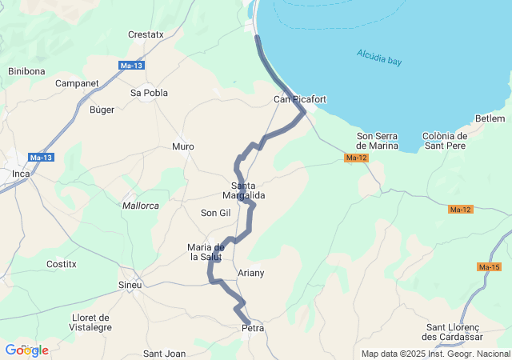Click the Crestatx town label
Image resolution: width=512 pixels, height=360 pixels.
[x=146, y=34]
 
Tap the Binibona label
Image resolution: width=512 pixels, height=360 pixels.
[x=26, y=71]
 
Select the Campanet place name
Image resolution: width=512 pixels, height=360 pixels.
[x=78, y=82]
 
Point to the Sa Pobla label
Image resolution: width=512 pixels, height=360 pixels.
[x=149, y=93]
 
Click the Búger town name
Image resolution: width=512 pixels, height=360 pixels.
[x=102, y=110]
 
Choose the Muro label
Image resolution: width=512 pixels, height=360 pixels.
[x=183, y=146]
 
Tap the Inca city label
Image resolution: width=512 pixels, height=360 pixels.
[x=20, y=173]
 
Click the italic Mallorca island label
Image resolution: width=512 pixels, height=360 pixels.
[x=141, y=206]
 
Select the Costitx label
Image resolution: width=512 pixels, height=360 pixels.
[x=62, y=263]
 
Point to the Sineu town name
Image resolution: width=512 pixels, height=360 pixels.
[x=130, y=285]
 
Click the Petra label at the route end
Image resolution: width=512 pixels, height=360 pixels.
[x=252, y=328]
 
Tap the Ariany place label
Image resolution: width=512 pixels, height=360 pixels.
[x=251, y=274]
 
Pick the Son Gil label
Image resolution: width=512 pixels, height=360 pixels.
[x=215, y=213]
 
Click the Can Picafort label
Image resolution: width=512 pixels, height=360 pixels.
[x=300, y=99]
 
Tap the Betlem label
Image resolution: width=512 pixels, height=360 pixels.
[x=490, y=118]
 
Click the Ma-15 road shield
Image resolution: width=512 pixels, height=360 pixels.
[x=489, y=266]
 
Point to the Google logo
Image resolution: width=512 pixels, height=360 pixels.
[x=26, y=350]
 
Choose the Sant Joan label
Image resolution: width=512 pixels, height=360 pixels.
[x=164, y=354]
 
